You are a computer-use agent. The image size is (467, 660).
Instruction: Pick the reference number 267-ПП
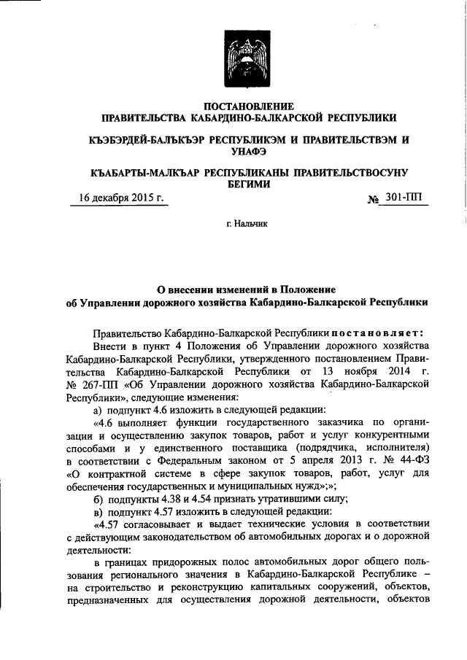[101, 385]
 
